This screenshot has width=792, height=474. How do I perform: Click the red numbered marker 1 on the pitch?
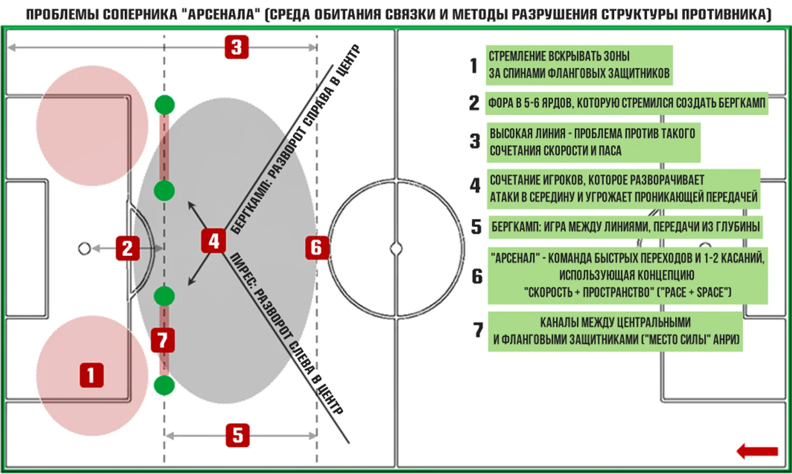[92, 375]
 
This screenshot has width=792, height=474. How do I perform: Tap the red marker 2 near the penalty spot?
[127, 248]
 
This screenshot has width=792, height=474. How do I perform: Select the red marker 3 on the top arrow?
[237, 47]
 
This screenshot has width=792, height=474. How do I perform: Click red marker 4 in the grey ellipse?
[214, 241]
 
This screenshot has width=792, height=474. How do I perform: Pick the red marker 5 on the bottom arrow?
[238, 435]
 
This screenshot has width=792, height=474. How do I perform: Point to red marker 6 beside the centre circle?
[316, 247]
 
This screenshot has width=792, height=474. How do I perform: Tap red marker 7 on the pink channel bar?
[163, 340]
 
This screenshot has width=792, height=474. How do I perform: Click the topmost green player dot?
[165, 105]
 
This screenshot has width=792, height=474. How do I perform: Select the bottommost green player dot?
[164, 385]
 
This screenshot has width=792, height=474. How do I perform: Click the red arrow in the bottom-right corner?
[757, 451]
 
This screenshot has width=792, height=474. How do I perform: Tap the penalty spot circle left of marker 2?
[85, 248]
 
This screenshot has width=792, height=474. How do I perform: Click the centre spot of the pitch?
[396, 248]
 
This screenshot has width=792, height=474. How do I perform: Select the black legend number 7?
[478, 330]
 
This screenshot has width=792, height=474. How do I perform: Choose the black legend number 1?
[474, 66]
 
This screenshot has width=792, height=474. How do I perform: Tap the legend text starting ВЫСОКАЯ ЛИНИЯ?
[592, 142]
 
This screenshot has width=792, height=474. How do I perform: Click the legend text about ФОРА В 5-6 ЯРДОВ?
[627, 103]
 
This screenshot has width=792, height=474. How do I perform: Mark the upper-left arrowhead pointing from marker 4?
[190, 204]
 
